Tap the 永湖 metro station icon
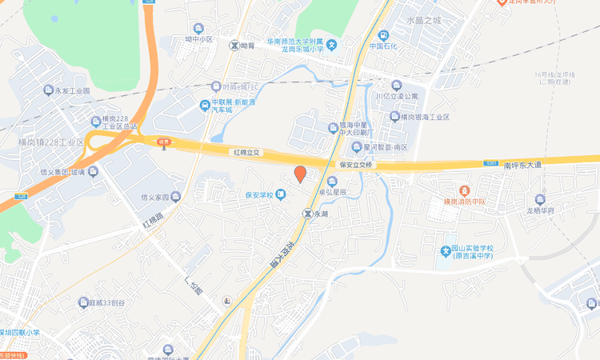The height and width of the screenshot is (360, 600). (x=308, y=214)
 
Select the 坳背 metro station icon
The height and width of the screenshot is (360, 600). (x=234, y=46)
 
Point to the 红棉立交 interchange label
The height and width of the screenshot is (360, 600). (x=247, y=151)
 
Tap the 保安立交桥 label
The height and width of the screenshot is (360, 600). (x=357, y=165)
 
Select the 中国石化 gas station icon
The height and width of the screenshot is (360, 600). (x=383, y=35)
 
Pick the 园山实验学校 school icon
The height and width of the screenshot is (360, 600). (x=447, y=251)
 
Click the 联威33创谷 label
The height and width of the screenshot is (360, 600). (x=107, y=302)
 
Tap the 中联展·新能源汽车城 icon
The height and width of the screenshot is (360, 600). (x=206, y=105)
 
